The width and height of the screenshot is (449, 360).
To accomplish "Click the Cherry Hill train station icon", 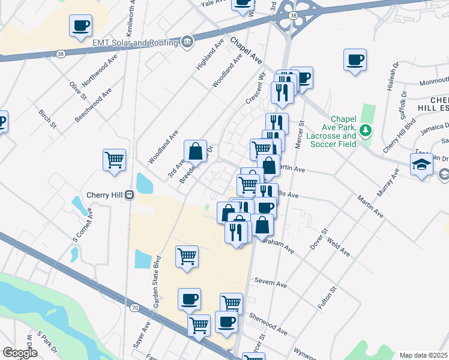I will [x=128, y=195].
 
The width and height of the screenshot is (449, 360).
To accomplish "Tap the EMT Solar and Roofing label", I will [x=135, y=43].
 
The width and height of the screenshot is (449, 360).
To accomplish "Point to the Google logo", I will [x=19, y=353].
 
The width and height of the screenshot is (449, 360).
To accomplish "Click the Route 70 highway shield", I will [x=134, y=308].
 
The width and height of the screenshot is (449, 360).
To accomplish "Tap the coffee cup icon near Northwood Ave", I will [x=80, y=26].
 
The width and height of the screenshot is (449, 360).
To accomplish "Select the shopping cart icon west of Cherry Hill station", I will [x=114, y=160].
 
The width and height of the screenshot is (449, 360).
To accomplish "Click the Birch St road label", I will [x=47, y=118].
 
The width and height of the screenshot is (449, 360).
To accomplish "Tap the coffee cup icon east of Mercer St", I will [x=355, y=60].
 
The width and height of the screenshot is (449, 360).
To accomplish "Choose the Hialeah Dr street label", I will [x=393, y=77].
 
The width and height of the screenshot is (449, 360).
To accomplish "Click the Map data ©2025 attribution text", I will [x=424, y=355].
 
